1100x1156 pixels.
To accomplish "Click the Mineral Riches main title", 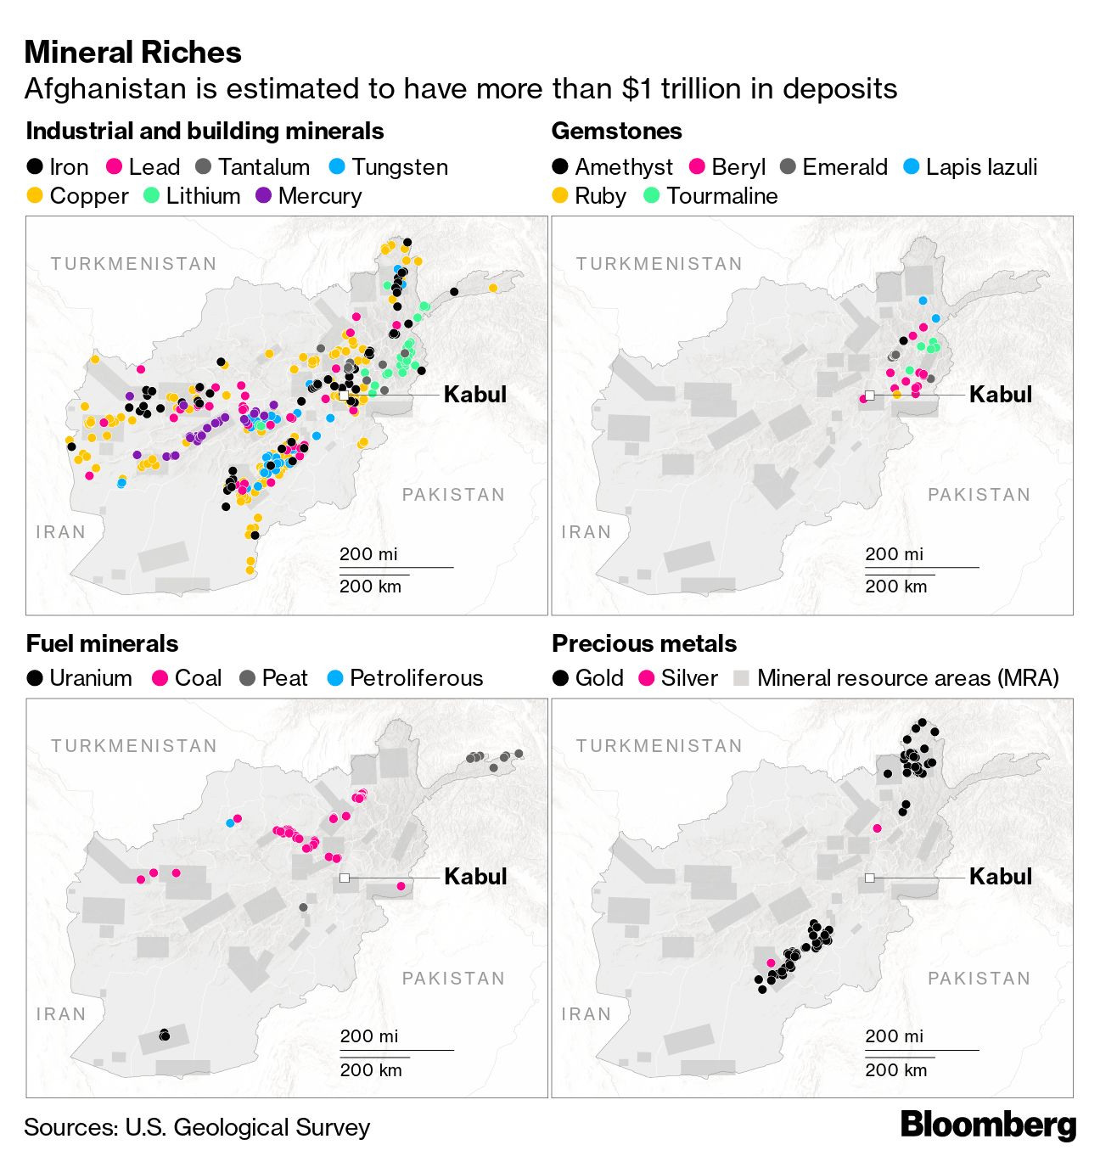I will tap(133, 53).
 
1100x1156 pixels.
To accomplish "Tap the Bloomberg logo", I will tap(988, 1125).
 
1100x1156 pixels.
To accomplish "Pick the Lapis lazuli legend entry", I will tap(970, 167).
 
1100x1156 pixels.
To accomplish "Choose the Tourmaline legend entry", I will tap(710, 196).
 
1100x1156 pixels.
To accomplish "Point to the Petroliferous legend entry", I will tap(405, 678).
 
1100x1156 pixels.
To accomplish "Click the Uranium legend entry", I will tap(80, 678).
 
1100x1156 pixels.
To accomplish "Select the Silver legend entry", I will tap(678, 678).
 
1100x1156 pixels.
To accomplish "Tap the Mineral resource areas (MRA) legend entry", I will tap(896, 678).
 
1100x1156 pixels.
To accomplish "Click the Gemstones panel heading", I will tap(617, 132).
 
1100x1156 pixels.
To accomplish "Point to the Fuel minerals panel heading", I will tap(102, 643).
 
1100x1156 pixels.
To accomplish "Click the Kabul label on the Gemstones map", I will tap(1001, 395).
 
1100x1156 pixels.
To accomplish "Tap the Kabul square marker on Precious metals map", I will tap(870, 878).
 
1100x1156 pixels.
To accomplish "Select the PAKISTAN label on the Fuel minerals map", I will tap(453, 979).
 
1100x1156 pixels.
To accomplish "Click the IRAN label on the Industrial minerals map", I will tap(61, 532).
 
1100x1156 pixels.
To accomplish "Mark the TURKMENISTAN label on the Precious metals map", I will tap(659, 746).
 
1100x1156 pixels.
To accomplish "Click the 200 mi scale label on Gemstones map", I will tap(895, 554).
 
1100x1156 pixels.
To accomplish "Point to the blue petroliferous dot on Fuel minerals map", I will tap(229, 822).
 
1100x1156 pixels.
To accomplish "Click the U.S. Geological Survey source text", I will tap(247, 1127).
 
